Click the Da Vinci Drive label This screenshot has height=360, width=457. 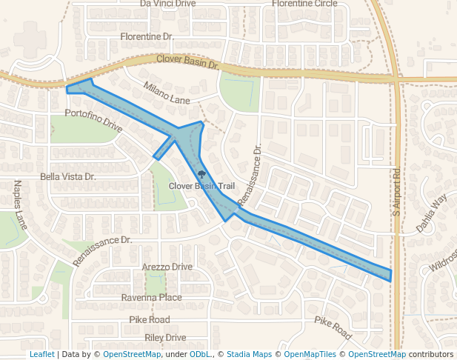[167, 4]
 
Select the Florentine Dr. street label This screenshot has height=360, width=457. [147, 36]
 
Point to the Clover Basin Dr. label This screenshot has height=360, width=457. [187, 62]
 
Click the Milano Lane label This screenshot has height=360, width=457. [167, 93]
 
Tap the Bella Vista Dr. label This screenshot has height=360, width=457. [68, 177]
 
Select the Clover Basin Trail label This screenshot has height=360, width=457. [201, 186]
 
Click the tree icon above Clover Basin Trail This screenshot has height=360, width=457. [201, 173]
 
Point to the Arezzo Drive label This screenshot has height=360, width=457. [167, 267]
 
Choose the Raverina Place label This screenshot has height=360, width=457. [151, 298]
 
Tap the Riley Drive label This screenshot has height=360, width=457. [165, 338]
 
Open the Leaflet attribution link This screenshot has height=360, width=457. [41, 355]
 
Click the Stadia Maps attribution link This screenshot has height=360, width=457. [249, 355]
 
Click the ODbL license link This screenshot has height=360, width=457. [199, 355]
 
